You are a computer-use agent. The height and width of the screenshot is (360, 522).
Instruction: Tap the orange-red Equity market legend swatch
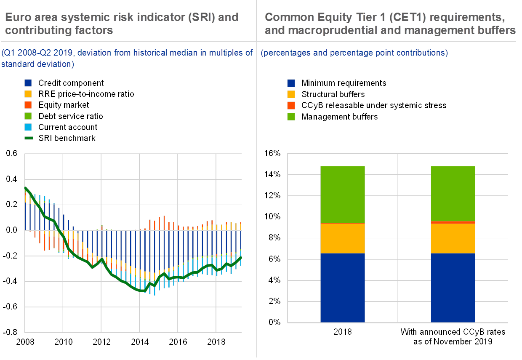pos(28,105)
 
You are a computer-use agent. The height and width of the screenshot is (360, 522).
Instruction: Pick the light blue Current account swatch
pos(28,127)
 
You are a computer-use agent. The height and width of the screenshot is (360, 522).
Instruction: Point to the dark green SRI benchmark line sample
pos(28,138)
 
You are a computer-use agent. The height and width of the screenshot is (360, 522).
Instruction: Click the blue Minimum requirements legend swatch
pos(291,83)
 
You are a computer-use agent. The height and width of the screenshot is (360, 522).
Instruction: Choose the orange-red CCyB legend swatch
pos(291,105)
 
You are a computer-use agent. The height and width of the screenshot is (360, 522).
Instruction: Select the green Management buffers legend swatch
pos(291,116)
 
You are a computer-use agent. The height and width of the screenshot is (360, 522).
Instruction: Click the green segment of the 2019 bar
pos(342,195)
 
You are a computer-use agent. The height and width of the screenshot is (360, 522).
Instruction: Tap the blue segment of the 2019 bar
pos(342,288)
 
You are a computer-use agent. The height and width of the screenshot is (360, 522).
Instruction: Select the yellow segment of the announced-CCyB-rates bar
pos(453,238)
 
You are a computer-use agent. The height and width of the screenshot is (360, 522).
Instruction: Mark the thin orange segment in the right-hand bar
pos(453,222)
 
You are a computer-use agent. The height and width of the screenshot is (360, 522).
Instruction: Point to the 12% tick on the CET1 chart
pos(272,196)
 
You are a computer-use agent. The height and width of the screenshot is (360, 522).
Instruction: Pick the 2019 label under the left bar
pos(342,332)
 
